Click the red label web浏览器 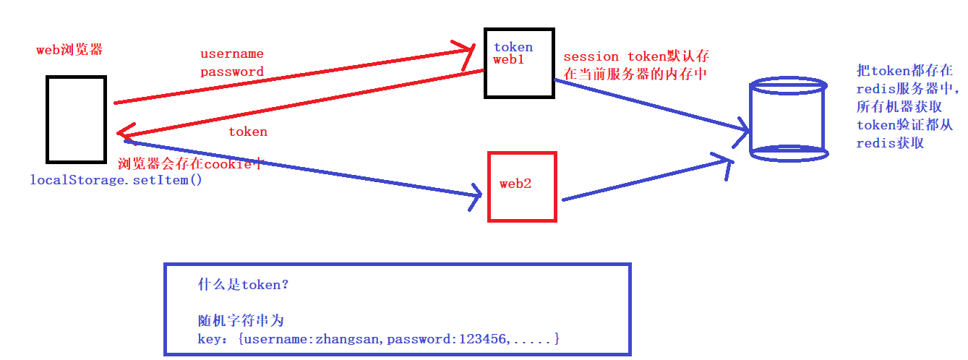[x=69, y=50]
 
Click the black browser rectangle [x=77, y=119]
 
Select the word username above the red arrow [x=231, y=54]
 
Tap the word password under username [x=231, y=72]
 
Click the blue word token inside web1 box [x=513, y=48]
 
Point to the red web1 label [x=508, y=60]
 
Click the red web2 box [x=522, y=186]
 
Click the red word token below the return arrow [x=248, y=132]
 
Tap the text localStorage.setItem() [x=116, y=179]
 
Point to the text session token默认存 [x=636, y=56]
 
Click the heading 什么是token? [x=244, y=285]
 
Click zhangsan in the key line [x=346, y=338]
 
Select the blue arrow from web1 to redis [x=651, y=106]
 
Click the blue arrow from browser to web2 [x=304, y=168]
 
